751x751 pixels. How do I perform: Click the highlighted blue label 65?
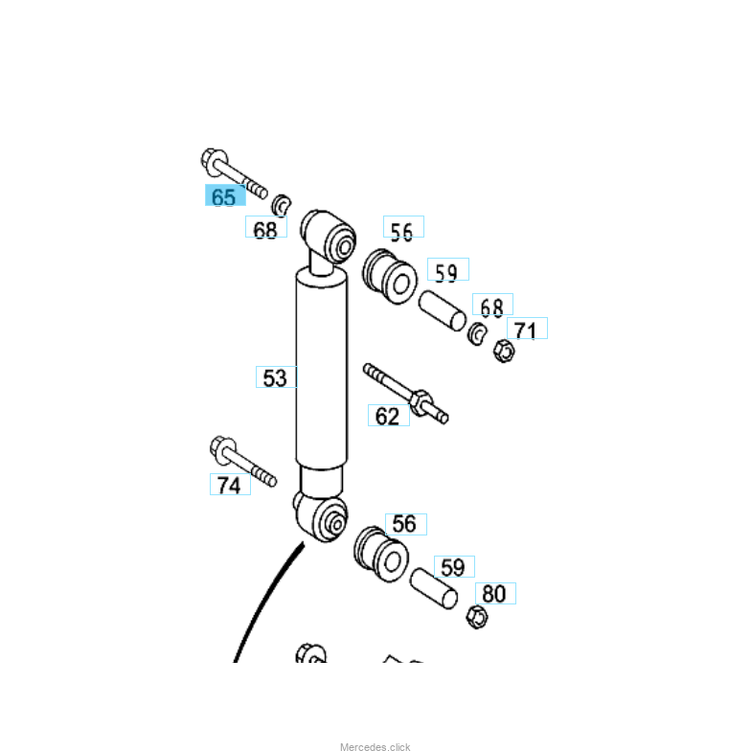(x=224, y=197)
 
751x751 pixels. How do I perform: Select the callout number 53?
(x=275, y=377)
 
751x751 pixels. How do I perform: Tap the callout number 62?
(x=387, y=416)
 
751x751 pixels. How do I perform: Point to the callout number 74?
(x=229, y=486)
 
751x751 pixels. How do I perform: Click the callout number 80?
(x=494, y=594)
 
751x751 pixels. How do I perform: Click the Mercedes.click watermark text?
(x=375, y=746)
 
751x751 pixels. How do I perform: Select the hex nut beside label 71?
(x=504, y=352)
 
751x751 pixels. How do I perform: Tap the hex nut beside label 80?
(x=475, y=616)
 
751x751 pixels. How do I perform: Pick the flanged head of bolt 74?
(x=222, y=447)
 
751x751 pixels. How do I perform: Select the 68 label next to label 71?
(x=491, y=307)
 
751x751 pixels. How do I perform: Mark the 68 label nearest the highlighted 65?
(x=265, y=230)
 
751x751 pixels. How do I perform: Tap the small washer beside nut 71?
(x=477, y=334)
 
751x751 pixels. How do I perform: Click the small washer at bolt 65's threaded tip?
(x=282, y=204)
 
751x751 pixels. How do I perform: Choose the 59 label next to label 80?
(x=453, y=567)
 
